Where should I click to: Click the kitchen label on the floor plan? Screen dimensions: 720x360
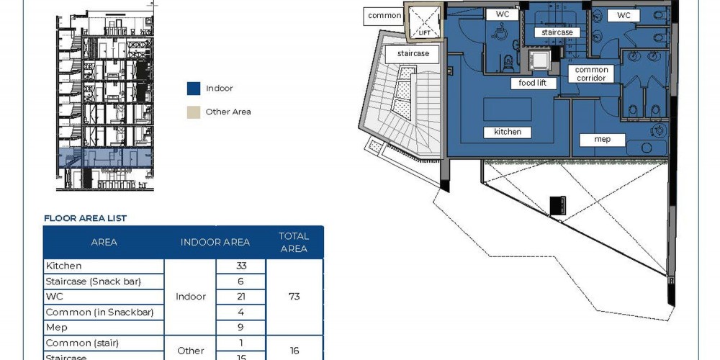[x=508, y=132]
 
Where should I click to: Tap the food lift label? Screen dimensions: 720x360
[x=534, y=83]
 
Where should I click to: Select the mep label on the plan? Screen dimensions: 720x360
[x=602, y=140]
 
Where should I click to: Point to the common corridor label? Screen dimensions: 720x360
[x=591, y=74]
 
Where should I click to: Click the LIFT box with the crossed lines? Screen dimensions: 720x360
[x=424, y=22]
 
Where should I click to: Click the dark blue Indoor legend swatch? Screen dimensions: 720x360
[x=194, y=89]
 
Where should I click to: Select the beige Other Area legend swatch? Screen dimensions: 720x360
[x=194, y=112]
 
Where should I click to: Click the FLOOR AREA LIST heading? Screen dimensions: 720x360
[x=86, y=218]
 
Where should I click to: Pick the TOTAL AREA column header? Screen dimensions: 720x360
[x=294, y=243]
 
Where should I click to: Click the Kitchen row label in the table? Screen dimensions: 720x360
[x=64, y=266]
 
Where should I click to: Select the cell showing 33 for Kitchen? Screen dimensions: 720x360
[x=241, y=266]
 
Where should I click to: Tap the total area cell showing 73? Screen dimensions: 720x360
[x=294, y=297]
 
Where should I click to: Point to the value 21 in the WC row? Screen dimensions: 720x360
[x=241, y=297]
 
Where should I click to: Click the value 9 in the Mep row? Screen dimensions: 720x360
[x=241, y=328]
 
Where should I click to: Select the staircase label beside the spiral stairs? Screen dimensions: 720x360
[x=413, y=54]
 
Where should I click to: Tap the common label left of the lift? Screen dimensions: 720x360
[x=384, y=16]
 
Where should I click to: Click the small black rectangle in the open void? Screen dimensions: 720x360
[x=558, y=205]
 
